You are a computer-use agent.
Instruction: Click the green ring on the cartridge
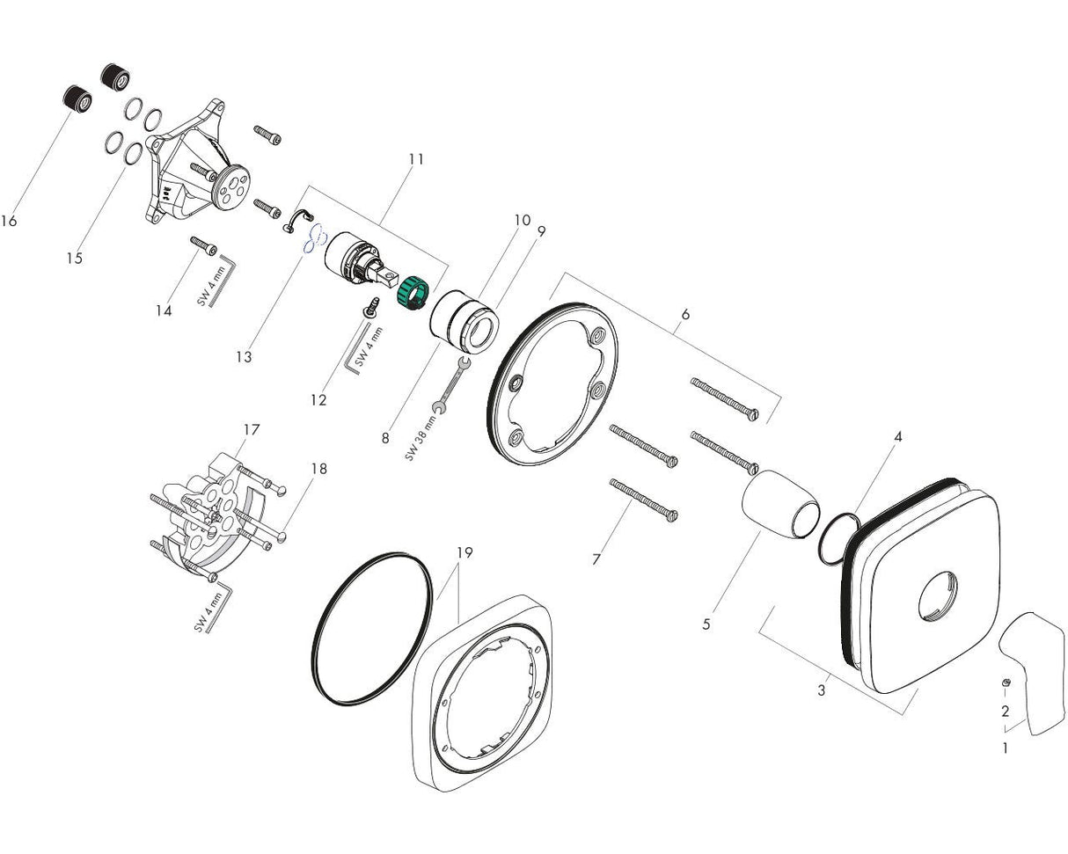tap(410, 293)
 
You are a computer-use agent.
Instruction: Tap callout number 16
tap(9, 221)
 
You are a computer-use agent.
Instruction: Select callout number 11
tap(416, 159)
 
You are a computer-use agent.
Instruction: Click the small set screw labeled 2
tap(1006, 684)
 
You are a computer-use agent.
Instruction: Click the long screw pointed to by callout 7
tap(642, 500)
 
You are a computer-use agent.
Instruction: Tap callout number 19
tap(465, 552)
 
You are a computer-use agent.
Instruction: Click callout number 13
tap(244, 357)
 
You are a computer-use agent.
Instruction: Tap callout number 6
tap(685, 314)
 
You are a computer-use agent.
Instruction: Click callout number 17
tap(252, 430)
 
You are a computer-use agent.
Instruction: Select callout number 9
tap(541, 231)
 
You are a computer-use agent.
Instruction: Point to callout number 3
tap(822, 690)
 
